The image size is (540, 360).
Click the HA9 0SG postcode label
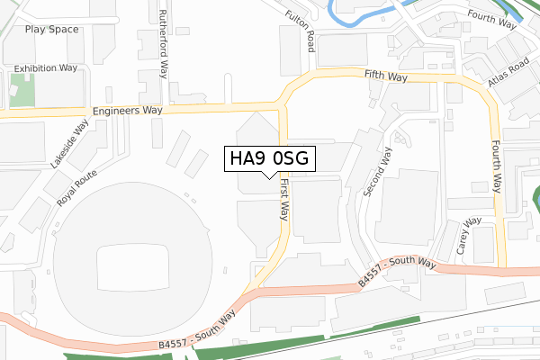tap(269, 158)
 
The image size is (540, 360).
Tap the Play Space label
tap(52, 29)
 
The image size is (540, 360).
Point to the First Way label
tap(283, 199)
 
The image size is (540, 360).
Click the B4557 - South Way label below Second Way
tap(397, 272)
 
